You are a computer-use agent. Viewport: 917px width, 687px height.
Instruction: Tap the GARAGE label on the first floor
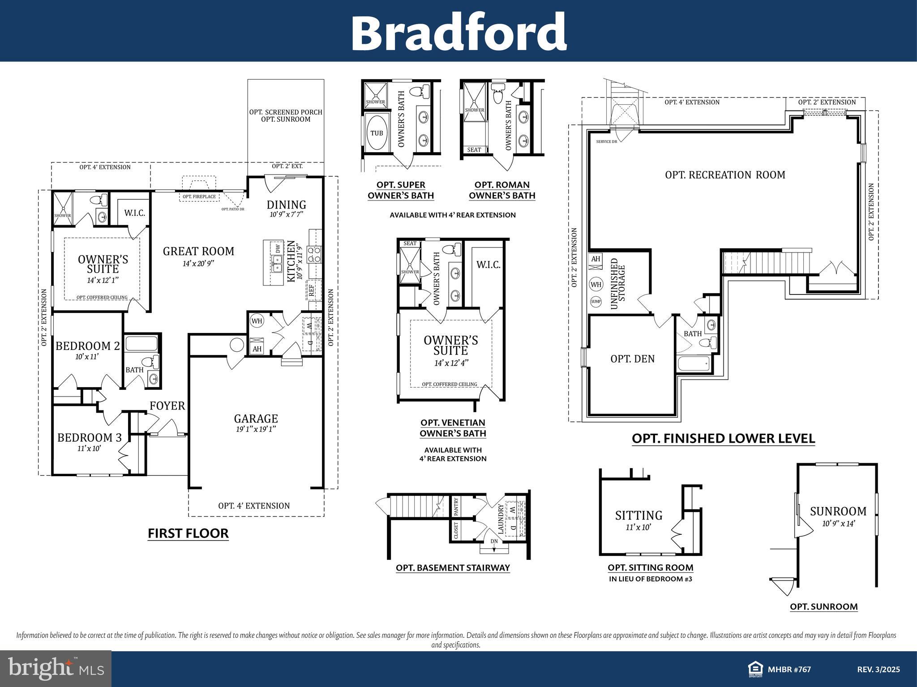(x=256, y=418)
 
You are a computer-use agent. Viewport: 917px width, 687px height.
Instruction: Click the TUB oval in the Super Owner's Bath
(x=377, y=133)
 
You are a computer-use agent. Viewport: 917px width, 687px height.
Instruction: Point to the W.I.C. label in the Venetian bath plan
(x=488, y=265)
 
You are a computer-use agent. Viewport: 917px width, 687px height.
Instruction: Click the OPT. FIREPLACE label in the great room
(x=199, y=196)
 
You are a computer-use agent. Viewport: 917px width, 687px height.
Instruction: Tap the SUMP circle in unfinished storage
(x=596, y=302)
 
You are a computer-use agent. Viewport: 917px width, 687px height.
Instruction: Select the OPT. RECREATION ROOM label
(x=725, y=175)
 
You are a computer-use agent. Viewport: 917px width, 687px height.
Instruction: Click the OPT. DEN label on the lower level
(x=632, y=358)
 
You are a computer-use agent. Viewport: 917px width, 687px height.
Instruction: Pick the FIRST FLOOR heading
(x=188, y=533)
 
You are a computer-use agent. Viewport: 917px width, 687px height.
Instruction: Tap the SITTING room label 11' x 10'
(x=638, y=520)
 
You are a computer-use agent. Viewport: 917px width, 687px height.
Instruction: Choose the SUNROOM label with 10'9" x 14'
(x=838, y=515)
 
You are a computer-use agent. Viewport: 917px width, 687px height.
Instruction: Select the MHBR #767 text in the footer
(x=789, y=670)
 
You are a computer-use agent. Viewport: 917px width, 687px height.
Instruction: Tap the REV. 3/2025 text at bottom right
(x=878, y=670)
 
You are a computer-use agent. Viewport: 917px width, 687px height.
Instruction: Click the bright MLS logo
(x=56, y=668)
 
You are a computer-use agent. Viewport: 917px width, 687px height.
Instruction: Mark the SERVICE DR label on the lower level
(x=606, y=141)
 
